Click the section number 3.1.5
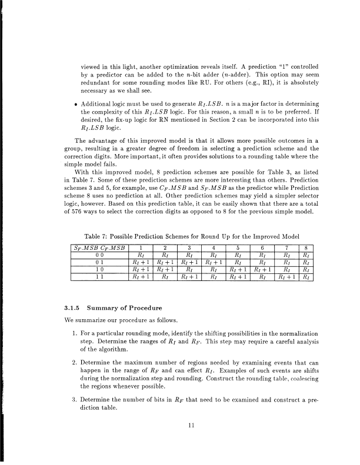tap(72, 306)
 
